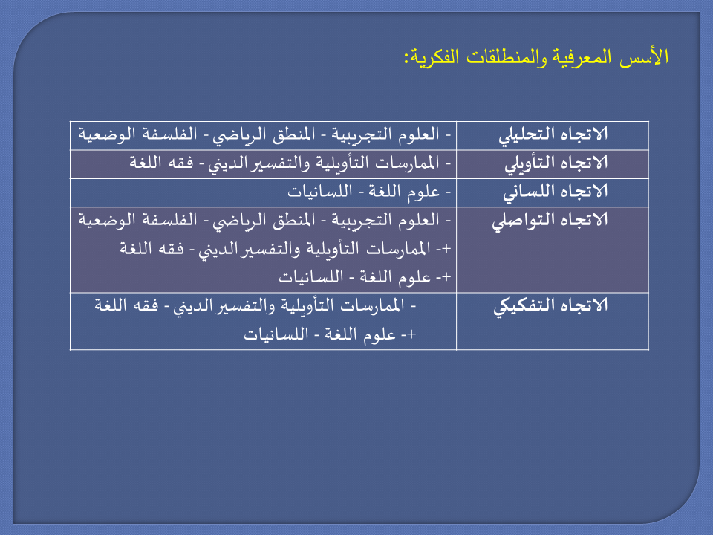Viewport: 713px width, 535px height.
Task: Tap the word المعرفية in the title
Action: point(582,58)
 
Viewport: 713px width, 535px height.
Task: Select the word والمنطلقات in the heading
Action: point(505,58)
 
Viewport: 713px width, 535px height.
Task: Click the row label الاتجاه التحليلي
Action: point(553,135)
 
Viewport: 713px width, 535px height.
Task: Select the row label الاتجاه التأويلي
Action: point(556,163)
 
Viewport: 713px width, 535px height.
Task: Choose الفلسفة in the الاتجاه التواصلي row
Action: point(174,220)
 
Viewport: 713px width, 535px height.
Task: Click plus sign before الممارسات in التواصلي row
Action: point(446,249)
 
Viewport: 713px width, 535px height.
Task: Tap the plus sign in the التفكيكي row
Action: point(411,334)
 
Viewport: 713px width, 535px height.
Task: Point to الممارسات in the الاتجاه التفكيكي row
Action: point(372,305)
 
